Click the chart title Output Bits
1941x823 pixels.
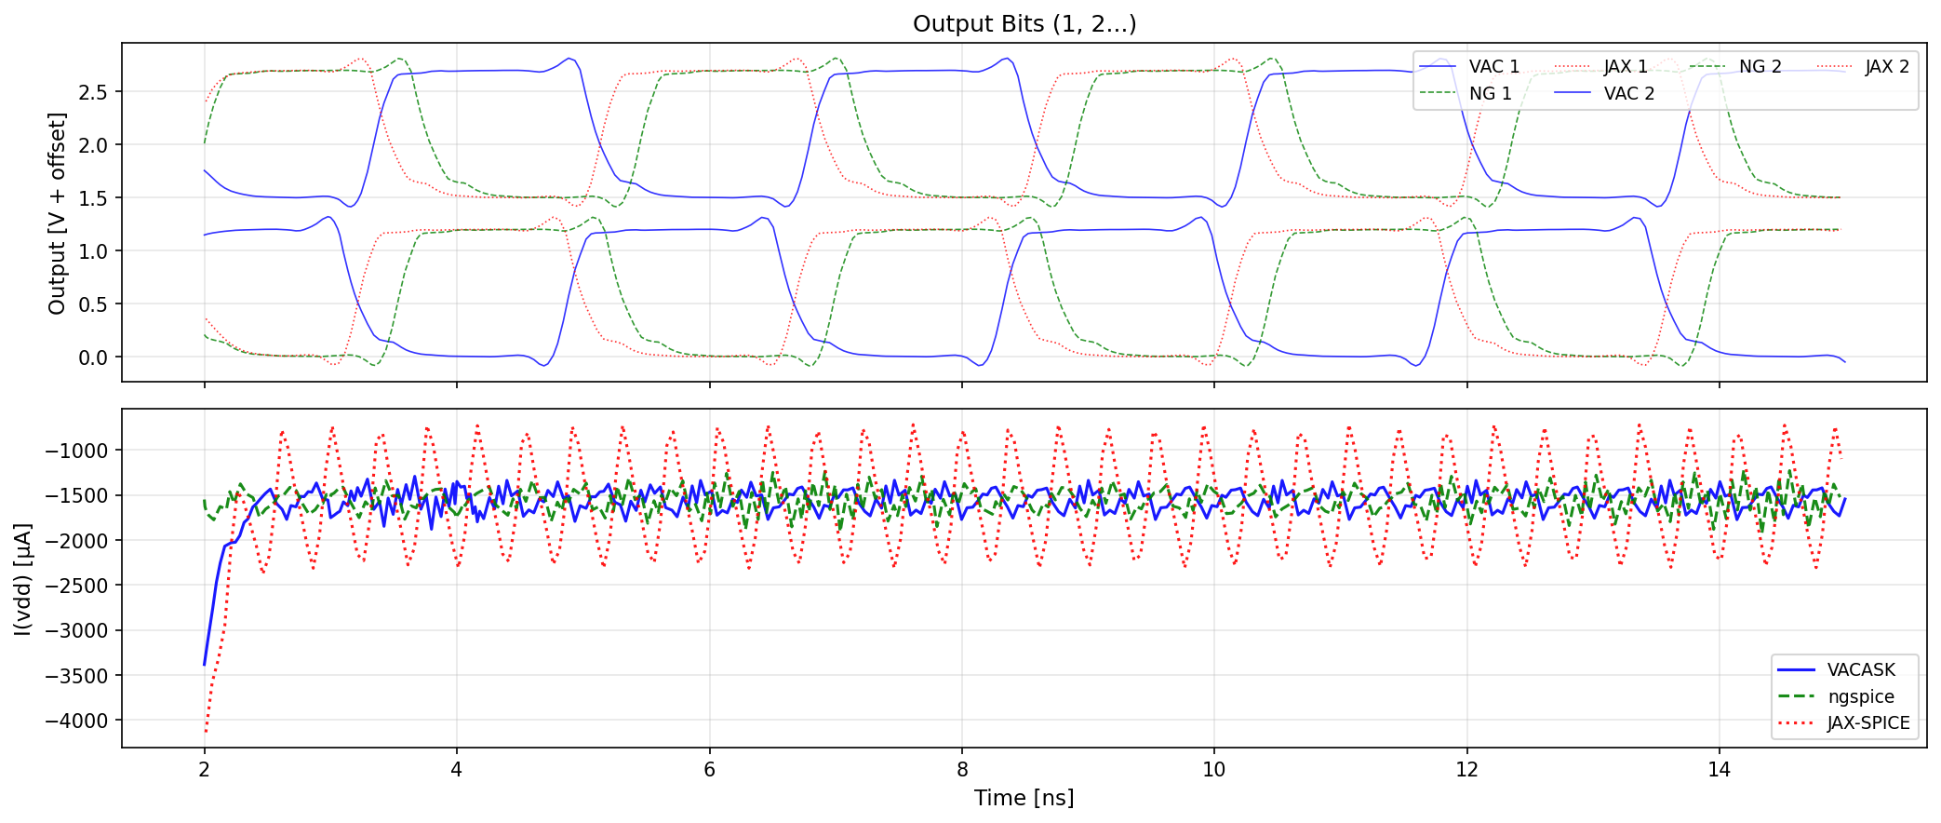1024,23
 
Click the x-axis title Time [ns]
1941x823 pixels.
1024,798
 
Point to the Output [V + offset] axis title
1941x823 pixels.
58,213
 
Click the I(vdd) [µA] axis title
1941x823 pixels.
23,578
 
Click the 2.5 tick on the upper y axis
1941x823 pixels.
93,92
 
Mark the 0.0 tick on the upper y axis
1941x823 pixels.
93,358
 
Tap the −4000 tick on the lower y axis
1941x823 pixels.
76,721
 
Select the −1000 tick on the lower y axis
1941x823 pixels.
76,451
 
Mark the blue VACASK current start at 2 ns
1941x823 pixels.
205,663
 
